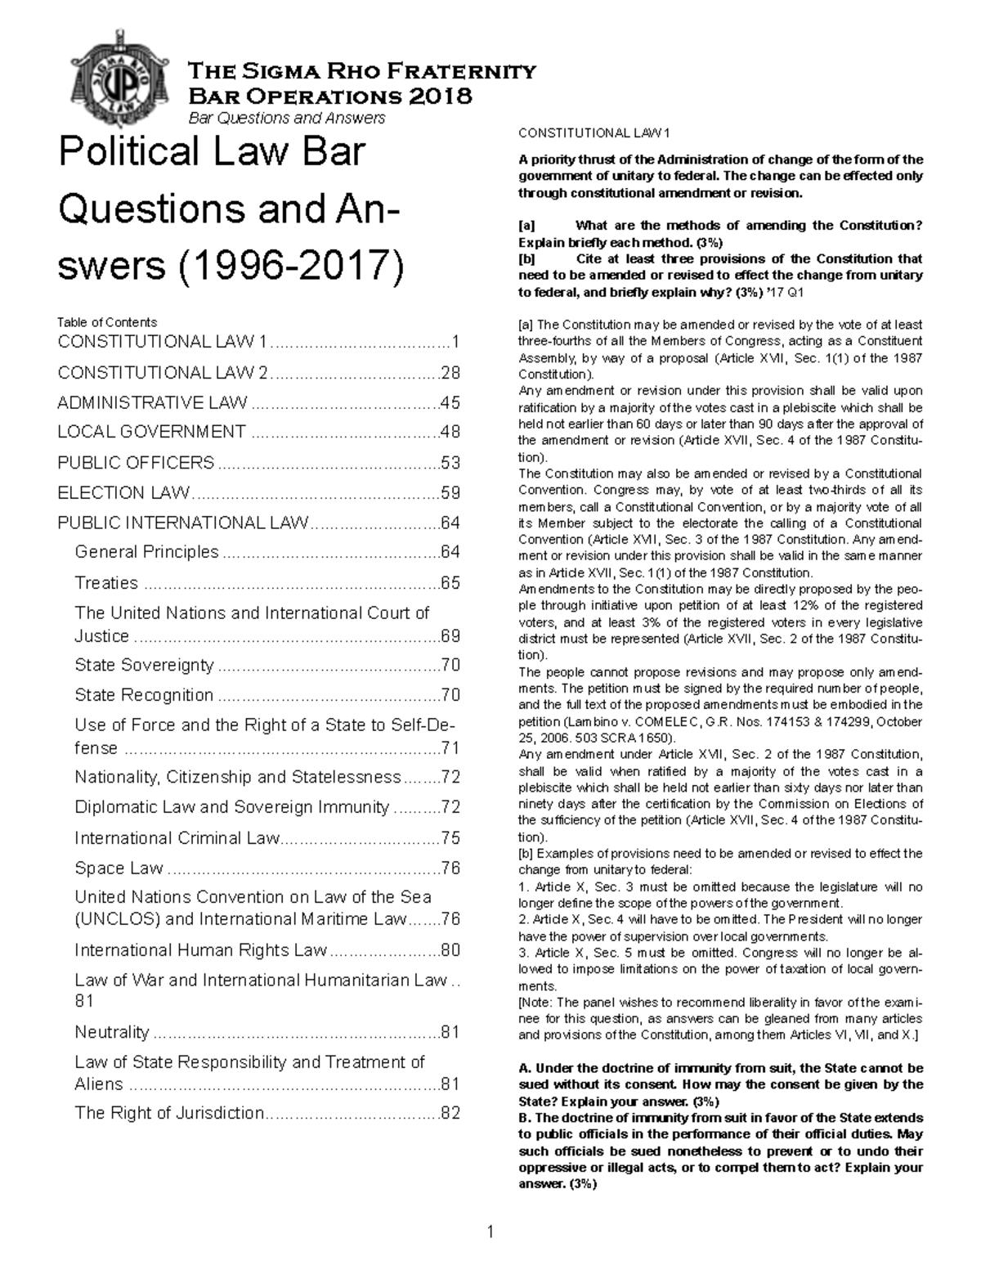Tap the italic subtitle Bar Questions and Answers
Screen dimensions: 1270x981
286,119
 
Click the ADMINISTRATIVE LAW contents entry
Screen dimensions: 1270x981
152,402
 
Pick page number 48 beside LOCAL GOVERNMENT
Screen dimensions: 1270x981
450,432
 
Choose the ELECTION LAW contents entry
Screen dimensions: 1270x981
123,493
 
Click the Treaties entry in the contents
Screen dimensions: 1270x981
106,583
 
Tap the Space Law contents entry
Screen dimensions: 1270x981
119,868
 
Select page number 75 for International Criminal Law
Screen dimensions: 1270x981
450,838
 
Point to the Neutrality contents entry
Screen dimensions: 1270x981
112,1032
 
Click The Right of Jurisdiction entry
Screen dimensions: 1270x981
169,1113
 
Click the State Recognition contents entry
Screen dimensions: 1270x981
144,695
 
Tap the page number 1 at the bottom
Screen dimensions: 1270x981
490,1232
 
